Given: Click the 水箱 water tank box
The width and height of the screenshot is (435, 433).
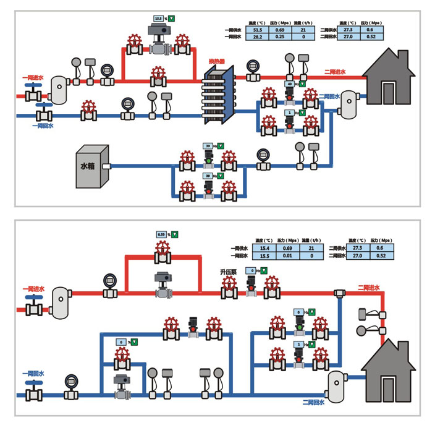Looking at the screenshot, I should (91, 166).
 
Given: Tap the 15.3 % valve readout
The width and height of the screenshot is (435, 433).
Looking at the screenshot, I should (159, 19).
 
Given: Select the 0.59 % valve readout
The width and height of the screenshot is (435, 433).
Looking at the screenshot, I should (162, 234).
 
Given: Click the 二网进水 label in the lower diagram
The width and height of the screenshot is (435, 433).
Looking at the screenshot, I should (368, 288).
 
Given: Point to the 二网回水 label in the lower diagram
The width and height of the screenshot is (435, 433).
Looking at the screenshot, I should (313, 402).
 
